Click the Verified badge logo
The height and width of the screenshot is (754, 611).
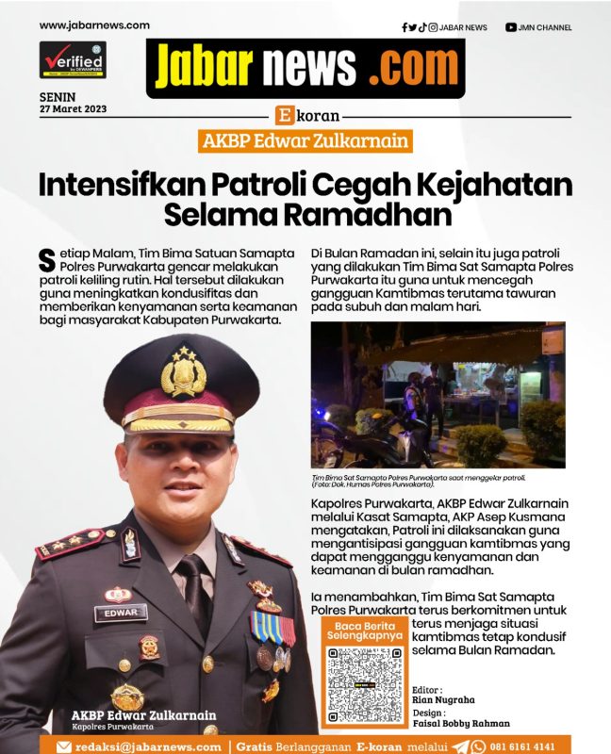[73, 59]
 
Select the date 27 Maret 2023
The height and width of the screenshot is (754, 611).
[73, 108]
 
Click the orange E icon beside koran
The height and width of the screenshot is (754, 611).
[283, 117]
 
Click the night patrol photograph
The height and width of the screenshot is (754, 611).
[438, 395]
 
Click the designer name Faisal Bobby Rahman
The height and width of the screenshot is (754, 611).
[461, 723]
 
